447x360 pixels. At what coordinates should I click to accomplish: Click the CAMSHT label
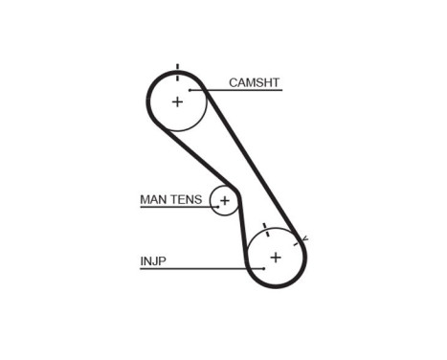point(254,82)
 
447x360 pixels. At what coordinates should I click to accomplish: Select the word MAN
point(154,199)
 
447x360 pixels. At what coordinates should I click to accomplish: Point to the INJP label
point(153,259)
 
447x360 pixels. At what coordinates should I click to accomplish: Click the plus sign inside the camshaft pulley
point(177,101)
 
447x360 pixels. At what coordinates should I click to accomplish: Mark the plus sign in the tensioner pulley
point(225,201)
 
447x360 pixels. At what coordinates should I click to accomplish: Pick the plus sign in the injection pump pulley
point(276,257)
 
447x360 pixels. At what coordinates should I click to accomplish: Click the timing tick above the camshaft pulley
point(177,67)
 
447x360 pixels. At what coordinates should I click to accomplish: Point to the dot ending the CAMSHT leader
point(192,91)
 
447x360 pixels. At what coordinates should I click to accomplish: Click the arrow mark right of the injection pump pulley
point(303,236)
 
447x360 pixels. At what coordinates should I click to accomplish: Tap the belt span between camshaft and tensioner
point(186,158)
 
